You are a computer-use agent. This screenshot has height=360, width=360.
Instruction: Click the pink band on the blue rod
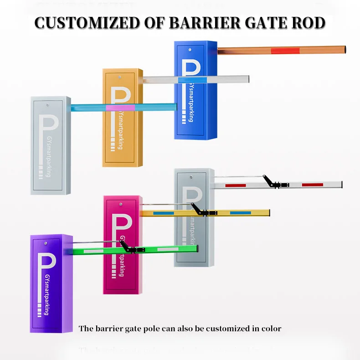[119, 107]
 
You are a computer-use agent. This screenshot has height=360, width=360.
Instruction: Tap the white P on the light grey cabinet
[48, 132]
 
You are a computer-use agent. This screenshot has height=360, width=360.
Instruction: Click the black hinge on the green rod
[135, 249]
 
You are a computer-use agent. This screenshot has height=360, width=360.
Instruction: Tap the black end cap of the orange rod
[345, 49]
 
